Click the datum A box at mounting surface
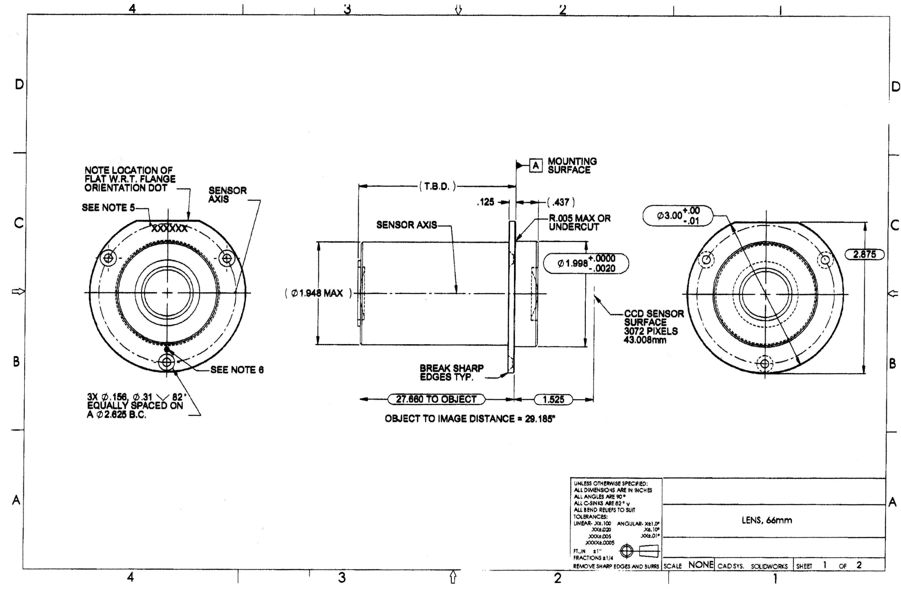click(x=535, y=166)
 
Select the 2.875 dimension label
click(x=864, y=254)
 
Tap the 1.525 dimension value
click(x=553, y=399)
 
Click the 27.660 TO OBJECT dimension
click(x=436, y=399)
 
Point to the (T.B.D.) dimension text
click(x=438, y=186)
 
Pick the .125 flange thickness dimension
click(x=486, y=202)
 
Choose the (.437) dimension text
click(x=561, y=202)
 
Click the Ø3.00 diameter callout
click(x=678, y=216)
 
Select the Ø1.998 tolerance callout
click(x=586, y=263)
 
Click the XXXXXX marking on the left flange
click(x=169, y=229)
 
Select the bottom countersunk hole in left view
click(x=167, y=362)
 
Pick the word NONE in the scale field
click(x=701, y=565)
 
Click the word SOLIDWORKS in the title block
click(x=769, y=567)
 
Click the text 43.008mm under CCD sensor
click(x=645, y=340)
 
